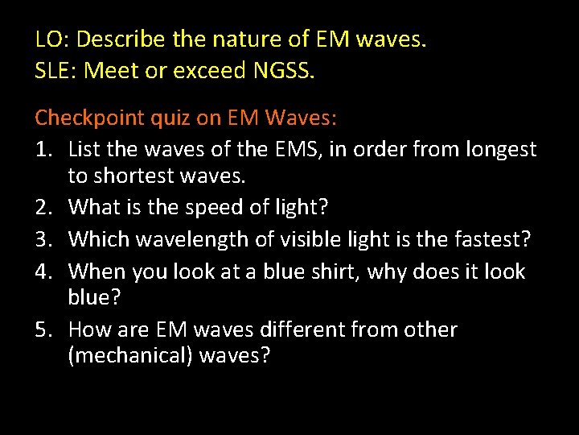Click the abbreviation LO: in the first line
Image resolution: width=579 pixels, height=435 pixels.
click(x=52, y=39)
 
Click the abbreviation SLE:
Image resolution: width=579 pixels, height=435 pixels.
click(x=56, y=71)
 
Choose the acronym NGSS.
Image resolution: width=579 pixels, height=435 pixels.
click(x=284, y=71)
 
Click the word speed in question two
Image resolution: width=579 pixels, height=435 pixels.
click(x=215, y=207)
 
